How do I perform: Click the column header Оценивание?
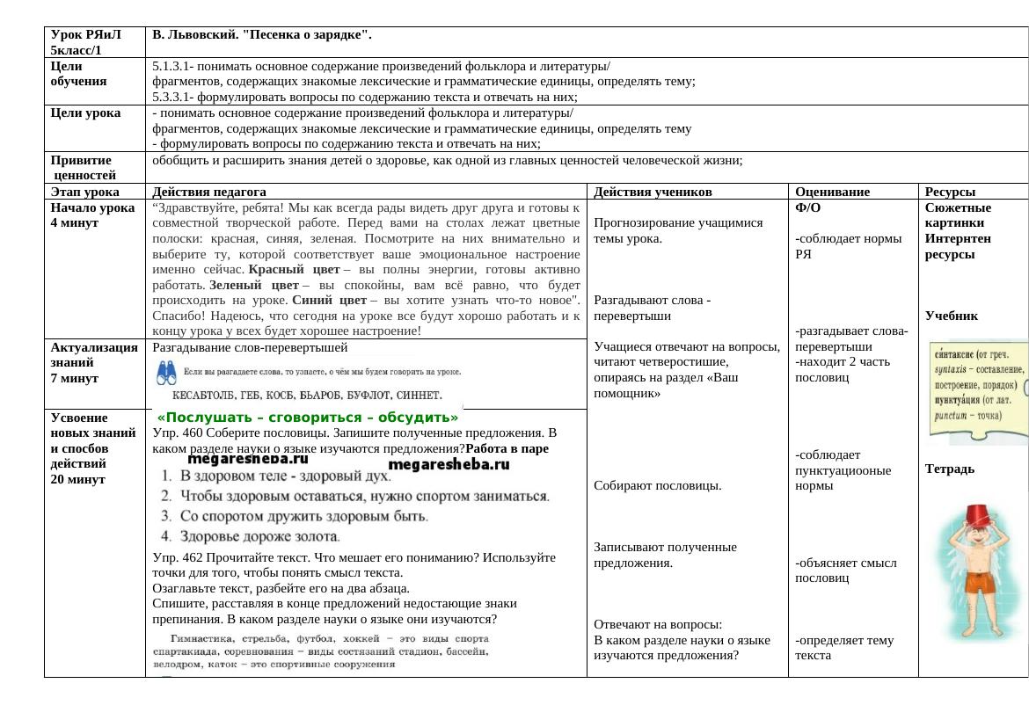tap(832, 192)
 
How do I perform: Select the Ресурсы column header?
tap(950, 192)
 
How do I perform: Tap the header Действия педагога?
tap(209, 192)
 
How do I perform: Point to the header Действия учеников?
tap(653, 192)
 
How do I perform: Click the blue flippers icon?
tap(167, 374)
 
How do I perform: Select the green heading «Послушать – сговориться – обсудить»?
tap(308, 418)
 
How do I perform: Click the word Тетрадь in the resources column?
tap(950, 469)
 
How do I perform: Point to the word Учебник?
tap(952, 316)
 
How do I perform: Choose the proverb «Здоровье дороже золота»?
tap(260, 535)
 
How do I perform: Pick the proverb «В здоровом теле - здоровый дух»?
tap(285, 476)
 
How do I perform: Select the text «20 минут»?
tap(78, 479)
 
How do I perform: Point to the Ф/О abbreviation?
tap(808, 208)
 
